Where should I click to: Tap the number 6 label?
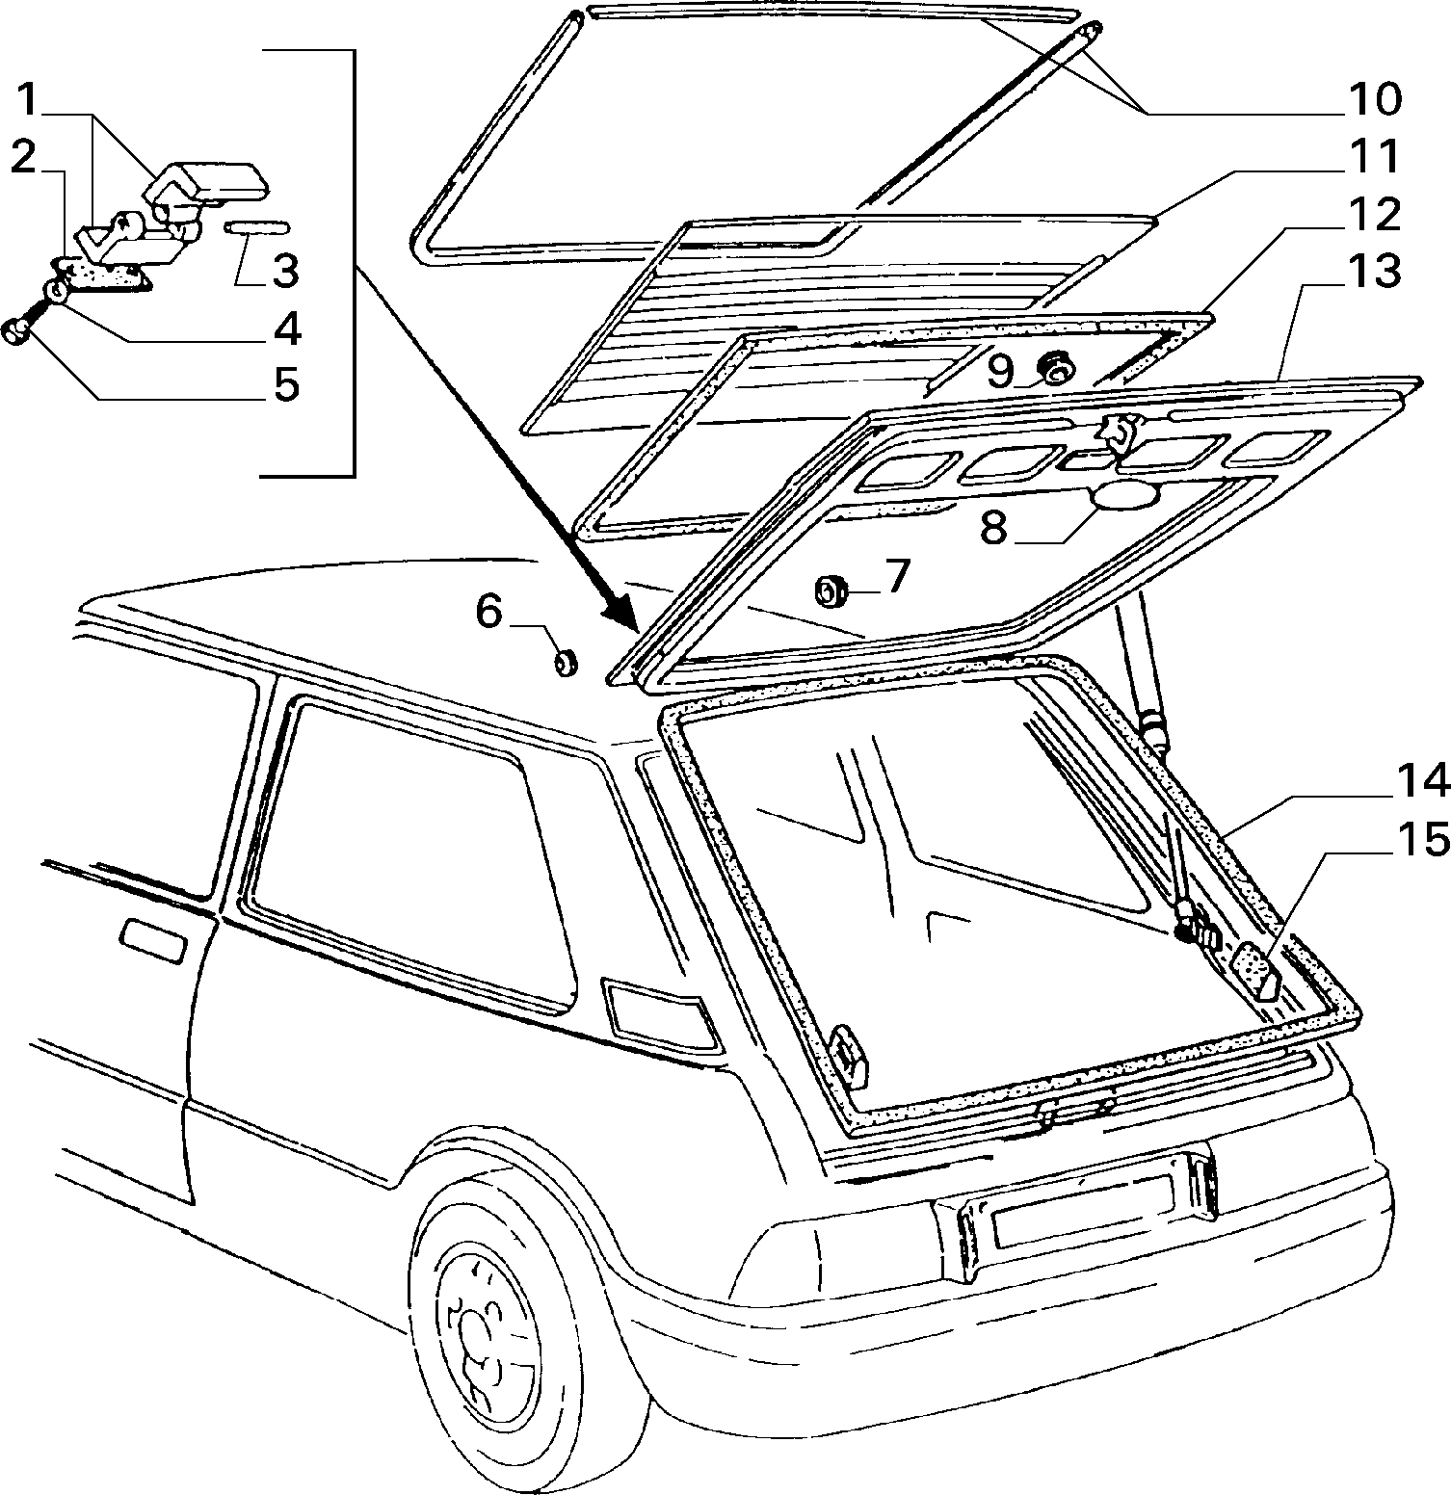tap(489, 613)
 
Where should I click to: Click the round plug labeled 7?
tap(831, 590)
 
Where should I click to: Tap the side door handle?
tap(153, 939)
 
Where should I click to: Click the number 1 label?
tap(29, 99)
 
